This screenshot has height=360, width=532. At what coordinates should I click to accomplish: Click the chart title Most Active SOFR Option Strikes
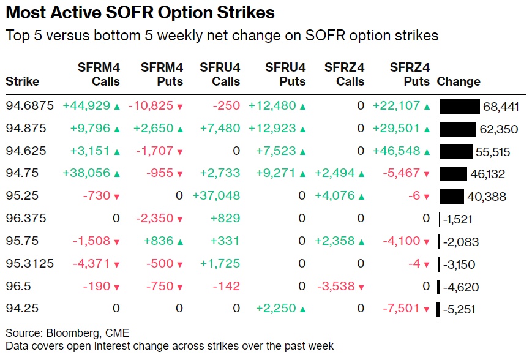click(140, 13)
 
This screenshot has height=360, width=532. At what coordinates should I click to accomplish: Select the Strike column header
click(23, 82)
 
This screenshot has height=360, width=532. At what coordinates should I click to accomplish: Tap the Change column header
click(459, 82)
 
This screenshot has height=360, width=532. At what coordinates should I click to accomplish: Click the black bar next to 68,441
click(460, 107)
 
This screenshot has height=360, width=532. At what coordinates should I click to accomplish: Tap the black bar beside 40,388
click(452, 197)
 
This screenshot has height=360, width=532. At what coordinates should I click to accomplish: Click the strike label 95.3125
click(30, 264)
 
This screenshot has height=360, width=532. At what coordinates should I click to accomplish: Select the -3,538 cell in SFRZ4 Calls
click(337, 287)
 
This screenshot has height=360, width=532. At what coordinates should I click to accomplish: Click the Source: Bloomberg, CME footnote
click(67, 334)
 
